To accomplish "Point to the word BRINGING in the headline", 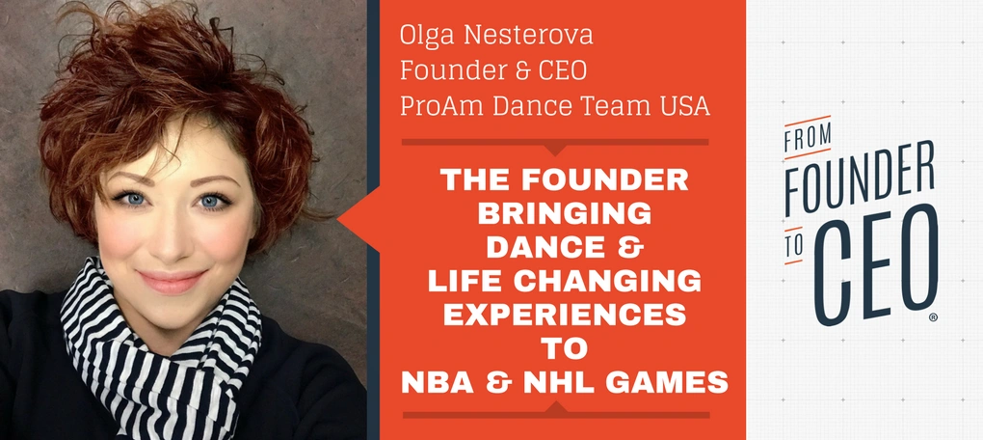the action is (564, 215).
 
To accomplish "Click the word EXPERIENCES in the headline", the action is (564, 316).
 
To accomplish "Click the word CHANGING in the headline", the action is (616, 282).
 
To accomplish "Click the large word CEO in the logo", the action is (880, 266).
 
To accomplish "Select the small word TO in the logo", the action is (794, 246).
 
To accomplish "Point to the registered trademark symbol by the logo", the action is (933, 317).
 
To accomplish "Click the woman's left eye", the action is (211, 202).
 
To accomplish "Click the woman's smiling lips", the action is (171, 281).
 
